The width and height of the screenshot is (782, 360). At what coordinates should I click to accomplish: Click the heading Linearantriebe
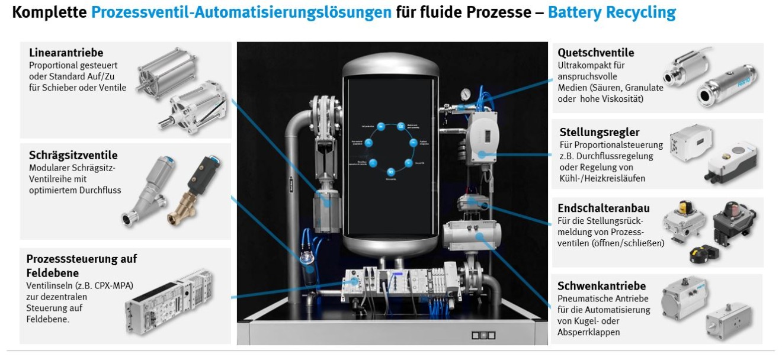point(66,53)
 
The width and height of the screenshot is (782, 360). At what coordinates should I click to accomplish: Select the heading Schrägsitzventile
point(73,155)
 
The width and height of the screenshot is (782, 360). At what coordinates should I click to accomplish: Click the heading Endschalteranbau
point(604,208)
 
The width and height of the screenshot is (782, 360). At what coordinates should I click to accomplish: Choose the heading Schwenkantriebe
point(601,286)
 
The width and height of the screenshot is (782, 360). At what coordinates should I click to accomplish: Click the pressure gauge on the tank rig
point(467,94)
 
